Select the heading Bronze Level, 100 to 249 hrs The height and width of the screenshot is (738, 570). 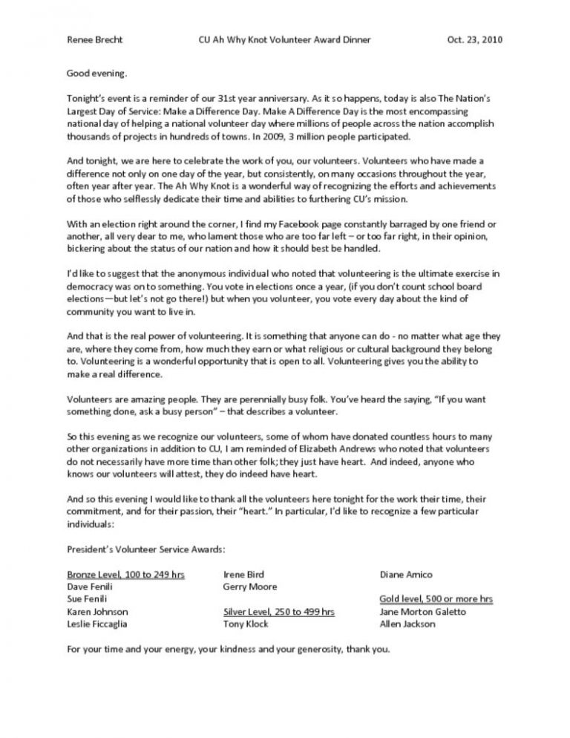125,574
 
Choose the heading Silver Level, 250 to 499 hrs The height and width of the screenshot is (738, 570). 278,612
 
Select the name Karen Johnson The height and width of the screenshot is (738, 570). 97,612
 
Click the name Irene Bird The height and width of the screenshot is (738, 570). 243,574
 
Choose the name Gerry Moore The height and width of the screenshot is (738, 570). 249,587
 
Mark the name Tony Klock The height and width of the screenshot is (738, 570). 246,624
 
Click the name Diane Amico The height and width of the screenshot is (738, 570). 407,574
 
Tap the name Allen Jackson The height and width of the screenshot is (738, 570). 407,624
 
